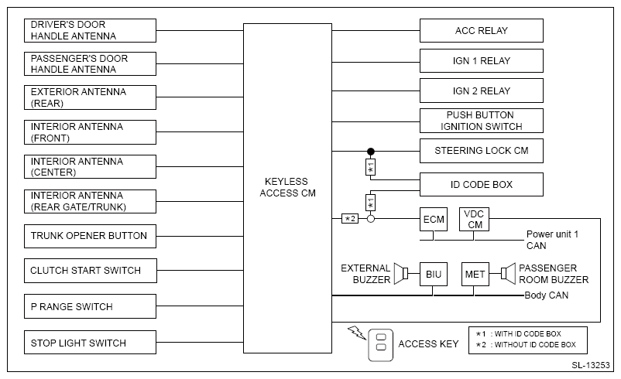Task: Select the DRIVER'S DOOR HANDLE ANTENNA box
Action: point(91,31)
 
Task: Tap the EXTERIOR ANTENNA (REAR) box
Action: point(91,97)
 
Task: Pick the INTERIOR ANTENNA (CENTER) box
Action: point(91,167)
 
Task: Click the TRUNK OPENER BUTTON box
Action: point(91,236)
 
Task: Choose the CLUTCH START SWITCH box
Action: point(91,271)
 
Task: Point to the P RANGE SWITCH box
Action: point(91,306)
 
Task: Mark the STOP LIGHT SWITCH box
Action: point(91,343)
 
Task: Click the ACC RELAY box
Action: point(481,31)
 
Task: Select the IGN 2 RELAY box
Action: point(481,90)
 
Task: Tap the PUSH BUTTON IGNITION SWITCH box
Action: point(481,121)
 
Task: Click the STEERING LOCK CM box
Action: point(481,151)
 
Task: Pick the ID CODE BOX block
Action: point(481,185)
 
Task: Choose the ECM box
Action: point(434,219)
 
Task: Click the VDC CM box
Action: point(474,219)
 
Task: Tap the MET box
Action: point(475,274)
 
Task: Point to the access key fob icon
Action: point(380,343)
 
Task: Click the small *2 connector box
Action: point(350,219)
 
